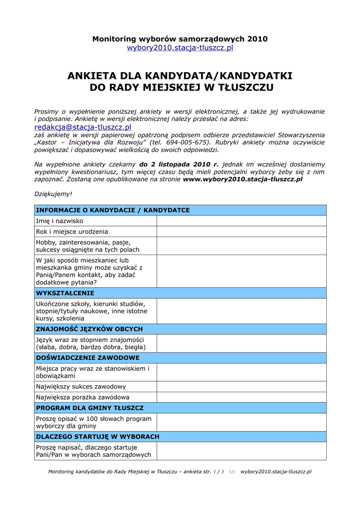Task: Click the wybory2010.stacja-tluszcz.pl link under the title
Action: pyautogui.click(x=180, y=48)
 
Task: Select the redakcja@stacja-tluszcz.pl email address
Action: pyautogui.click(x=83, y=128)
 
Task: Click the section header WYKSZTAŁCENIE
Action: pyautogui.click(x=65, y=293)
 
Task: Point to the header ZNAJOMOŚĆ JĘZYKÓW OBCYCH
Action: pyautogui.click(x=90, y=329)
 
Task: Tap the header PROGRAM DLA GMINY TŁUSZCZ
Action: pyautogui.click(x=90, y=408)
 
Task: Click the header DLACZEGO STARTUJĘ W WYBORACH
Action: pyautogui.click(x=98, y=437)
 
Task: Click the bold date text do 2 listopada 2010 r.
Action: pyautogui.click(x=179, y=164)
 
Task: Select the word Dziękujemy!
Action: pyautogui.click(x=53, y=193)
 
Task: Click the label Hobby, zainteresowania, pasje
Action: pyautogui.click(x=88, y=242)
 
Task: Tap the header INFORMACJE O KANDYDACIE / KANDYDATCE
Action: pyautogui.click(x=113, y=210)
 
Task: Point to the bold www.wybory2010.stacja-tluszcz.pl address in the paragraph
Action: pyautogui.click(x=243, y=179)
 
